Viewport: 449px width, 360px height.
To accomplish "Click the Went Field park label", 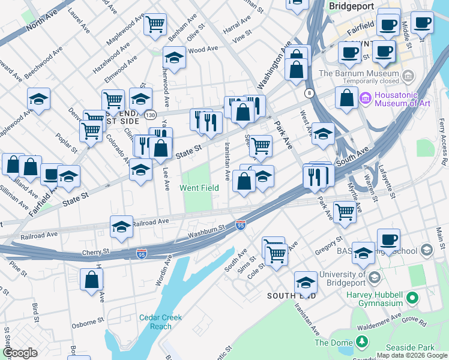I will tap(199, 188).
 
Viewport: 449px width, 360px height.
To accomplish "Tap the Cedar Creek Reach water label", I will tap(156, 322).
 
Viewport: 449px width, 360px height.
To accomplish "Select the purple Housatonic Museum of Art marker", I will tap(365, 97).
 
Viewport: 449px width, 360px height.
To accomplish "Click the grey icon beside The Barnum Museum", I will tap(409, 76).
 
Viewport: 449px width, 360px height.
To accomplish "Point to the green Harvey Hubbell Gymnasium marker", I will tap(412, 298).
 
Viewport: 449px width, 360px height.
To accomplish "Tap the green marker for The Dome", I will tap(361, 342).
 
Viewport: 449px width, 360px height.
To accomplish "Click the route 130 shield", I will tap(149, 114).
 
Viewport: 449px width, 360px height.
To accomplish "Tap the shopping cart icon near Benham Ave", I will tap(155, 25).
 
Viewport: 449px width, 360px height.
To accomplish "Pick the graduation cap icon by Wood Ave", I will tap(174, 58).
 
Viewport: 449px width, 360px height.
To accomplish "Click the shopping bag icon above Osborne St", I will tap(91, 279).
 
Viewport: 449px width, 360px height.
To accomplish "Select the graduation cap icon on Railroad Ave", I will tap(121, 227).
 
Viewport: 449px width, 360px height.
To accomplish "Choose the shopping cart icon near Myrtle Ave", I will tap(345, 212).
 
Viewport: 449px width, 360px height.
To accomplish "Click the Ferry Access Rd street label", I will tap(442, 143).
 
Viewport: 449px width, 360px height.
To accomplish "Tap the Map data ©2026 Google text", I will tap(412, 355).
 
